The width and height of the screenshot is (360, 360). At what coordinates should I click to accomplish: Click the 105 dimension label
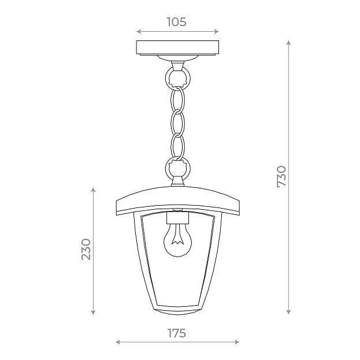click(176, 22)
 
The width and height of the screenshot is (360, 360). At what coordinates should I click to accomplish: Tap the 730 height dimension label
click(281, 177)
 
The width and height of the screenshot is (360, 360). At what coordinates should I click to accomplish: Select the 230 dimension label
click(86, 249)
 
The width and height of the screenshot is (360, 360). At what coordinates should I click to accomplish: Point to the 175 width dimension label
click(177, 333)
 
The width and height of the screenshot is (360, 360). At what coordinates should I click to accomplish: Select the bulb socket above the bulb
click(177, 218)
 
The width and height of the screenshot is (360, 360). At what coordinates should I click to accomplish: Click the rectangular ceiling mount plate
click(177, 48)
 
